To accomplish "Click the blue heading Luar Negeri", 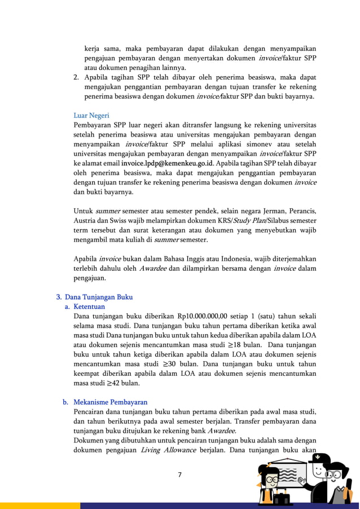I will (91, 116).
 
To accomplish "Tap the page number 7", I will (179, 474).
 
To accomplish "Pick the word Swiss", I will (126, 220).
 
